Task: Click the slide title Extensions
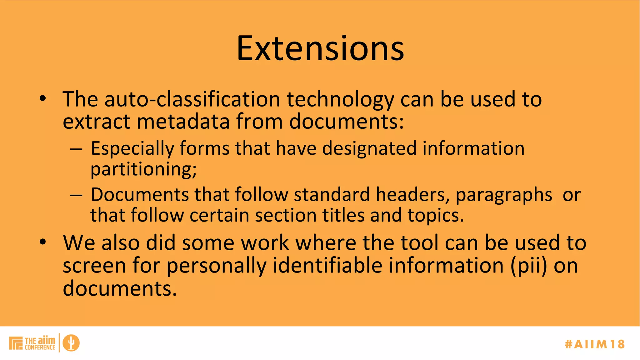(320, 48)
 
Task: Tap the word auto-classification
(192, 99)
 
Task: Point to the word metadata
(183, 121)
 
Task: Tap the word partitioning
(143, 170)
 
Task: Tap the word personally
(216, 266)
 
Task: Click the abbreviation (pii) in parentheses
(529, 266)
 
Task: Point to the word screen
(94, 266)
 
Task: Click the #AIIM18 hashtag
(595, 344)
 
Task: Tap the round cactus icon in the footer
(71, 343)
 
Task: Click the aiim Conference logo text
(40, 343)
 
